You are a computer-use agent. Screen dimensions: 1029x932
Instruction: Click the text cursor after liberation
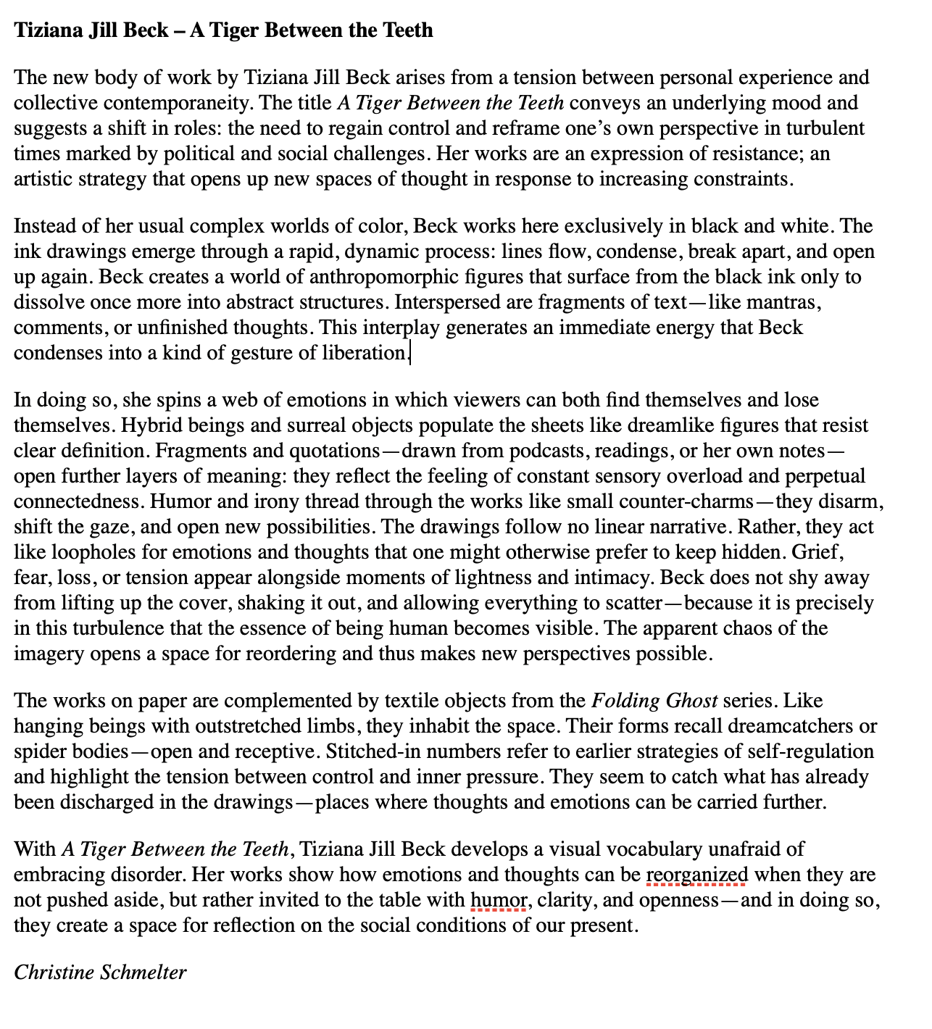click(x=410, y=354)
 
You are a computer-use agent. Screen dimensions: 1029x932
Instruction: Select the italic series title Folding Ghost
click(x=654, y=701)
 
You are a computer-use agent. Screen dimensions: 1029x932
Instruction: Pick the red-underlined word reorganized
click(x=696, y=875)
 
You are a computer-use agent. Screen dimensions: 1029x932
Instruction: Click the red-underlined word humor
click(x=499, y=900)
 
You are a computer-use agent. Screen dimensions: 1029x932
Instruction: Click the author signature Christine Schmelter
click(x=100, y=972)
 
